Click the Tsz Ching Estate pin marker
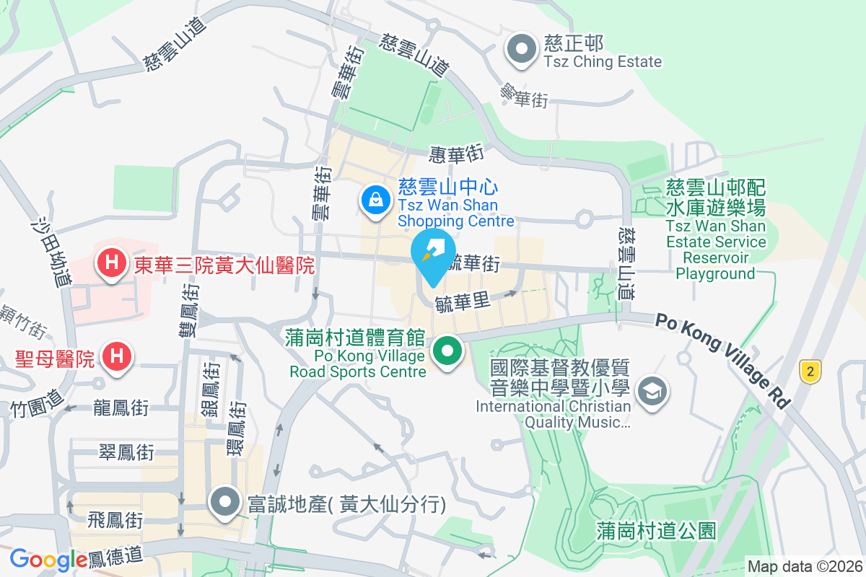(522, 51)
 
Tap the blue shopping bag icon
(376, 199)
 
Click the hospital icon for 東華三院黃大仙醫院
(112, 261)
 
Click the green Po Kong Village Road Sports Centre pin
(447, 353)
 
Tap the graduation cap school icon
(653, 392)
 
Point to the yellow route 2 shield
(811, 372)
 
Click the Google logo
(48, 559)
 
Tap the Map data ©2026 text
(804, 566)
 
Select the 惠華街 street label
(455, 154)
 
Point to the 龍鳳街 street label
(121, 408)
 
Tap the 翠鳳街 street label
(126, 452)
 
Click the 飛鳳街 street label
(115, 519)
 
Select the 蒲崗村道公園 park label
(657, 532)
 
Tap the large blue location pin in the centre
(433, 255)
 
